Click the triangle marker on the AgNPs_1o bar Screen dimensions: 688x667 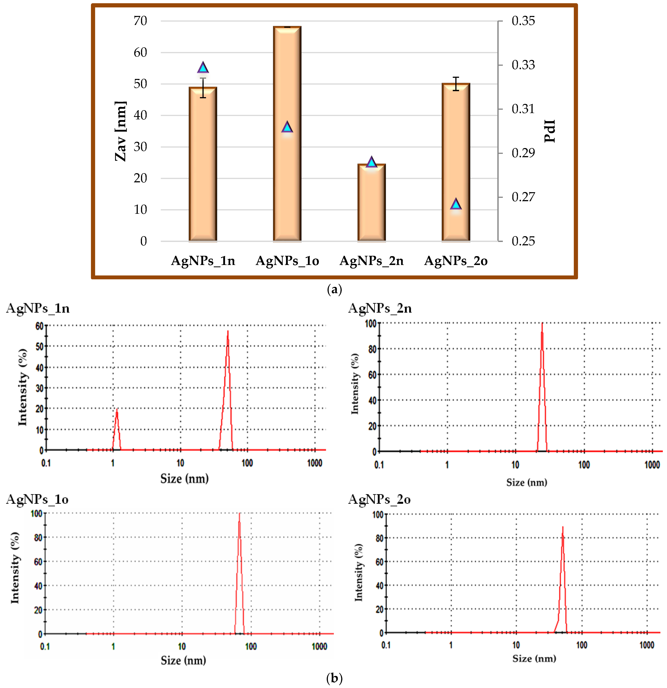(x=287, y=127)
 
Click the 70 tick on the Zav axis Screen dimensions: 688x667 (x=140, y=21)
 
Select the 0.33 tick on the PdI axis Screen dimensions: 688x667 (x=523, y=65)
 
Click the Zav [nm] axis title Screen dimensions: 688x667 (x=120, y=131)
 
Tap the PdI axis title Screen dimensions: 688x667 (x=550, y=131)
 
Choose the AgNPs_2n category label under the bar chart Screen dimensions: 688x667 (x=371, y=261)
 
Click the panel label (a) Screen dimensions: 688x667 (x=334, y=290)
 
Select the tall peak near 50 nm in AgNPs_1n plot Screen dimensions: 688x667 (x=228, y=333)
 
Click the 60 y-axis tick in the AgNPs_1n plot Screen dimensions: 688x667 (x=39, y=326)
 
